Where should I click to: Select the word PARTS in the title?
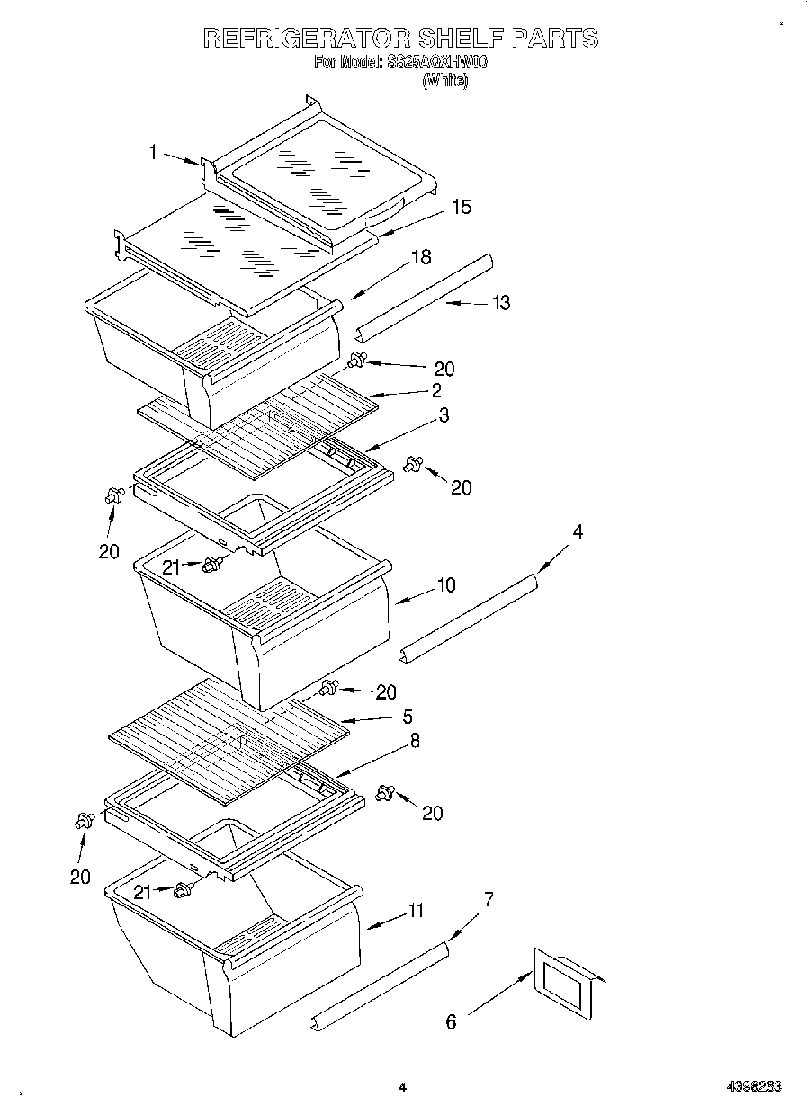click(x=555, y=38)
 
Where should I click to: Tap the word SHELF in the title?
click(x=462, y=38)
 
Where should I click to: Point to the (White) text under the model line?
click(x=445, y=80)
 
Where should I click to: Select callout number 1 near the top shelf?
click(x=153, y=153)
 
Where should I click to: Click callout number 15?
click(x=461, y=207)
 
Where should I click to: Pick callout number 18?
click(x=420, y=257)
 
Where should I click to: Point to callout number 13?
click(x=500, y=303)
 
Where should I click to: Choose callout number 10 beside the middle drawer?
click(x=445, y=585)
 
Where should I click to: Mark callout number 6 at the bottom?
click(x=451, y=1021)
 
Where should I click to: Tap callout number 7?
click(x=489, y=899)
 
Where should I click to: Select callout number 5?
click(x=407, y=717)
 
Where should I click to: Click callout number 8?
click(x=415, y=741)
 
